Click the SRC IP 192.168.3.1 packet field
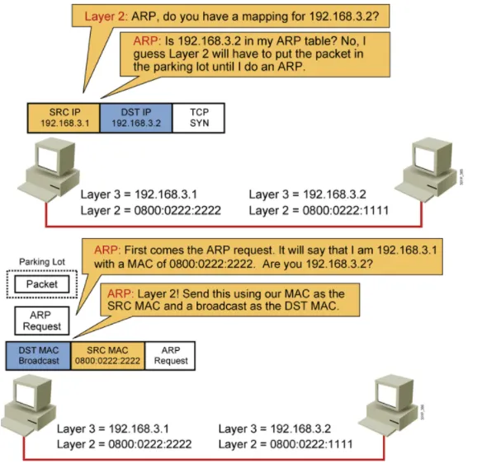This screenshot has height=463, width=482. (x=64, y=118)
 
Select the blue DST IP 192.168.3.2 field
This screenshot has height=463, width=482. (x=136, y=118)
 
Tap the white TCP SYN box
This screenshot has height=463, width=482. (x=199, y=118)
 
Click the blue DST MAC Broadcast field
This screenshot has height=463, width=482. (x=39, y=356)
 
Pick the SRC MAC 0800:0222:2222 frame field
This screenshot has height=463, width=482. (x=107, y=356)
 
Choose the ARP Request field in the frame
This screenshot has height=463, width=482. (x=170, y=356)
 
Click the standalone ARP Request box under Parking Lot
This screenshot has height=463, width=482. (x=42, y=320)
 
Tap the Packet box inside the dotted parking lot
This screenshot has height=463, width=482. (x=42, y=284)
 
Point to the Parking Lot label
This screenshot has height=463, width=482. (x=42, y=262)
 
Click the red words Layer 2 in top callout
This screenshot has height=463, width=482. (x=105, y=16)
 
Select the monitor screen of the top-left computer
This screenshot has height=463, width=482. (x=48, y=159)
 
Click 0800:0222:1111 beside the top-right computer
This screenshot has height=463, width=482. (x=346, y=210)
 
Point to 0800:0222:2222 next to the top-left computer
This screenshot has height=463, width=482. (x=177, y=210)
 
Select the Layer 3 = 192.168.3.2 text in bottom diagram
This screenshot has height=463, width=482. (x=275, y=428)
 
